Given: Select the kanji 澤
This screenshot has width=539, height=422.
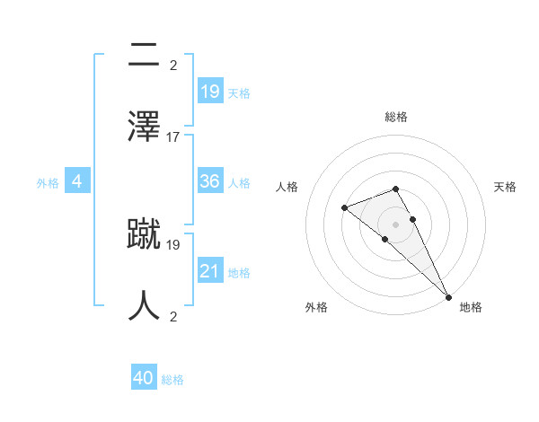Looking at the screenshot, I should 145,124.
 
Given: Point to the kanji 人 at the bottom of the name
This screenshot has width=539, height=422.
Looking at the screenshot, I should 145,303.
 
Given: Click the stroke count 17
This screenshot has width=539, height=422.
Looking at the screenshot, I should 173,137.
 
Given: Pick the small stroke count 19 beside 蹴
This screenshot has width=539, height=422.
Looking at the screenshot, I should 173,244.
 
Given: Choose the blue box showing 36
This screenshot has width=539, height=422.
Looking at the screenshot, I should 210,181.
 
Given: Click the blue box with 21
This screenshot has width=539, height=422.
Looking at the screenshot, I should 210,270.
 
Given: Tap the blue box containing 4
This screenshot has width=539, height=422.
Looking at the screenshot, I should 77,181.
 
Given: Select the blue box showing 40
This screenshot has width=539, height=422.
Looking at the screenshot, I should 144,378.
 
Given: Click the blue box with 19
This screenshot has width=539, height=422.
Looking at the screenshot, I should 210,91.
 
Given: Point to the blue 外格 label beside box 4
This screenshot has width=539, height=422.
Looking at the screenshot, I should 48,183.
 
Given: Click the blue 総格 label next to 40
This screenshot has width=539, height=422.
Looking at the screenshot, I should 172,380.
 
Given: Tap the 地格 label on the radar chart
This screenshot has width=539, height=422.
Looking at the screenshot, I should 471,307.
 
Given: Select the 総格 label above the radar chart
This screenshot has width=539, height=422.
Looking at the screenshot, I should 396,117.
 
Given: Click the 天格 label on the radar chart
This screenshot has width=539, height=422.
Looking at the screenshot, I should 505,187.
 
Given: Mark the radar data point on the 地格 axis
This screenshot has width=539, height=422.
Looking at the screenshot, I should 448,296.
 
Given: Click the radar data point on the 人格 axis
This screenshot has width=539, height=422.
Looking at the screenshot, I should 344,208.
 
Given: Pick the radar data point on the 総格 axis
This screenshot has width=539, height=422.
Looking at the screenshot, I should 396,189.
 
